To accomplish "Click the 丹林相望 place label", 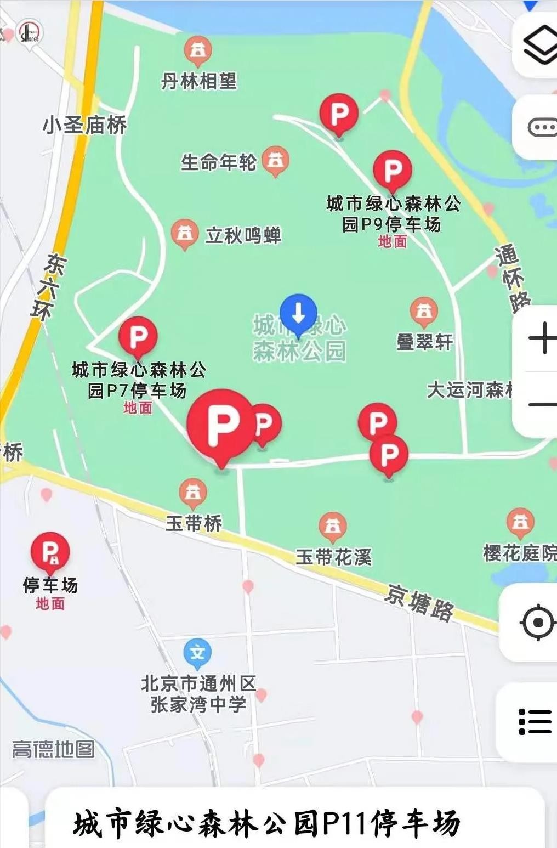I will click(198, 82).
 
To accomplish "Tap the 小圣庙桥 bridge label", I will click(85, 126).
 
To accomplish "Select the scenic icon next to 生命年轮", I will click(275, 160).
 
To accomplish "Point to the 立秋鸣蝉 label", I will click(243, 235).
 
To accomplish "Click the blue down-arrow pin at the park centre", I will click(298, 314).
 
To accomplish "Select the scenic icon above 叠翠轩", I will click(424, 312).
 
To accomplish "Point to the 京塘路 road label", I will click(419, 602).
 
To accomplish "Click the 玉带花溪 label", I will click(333, 557).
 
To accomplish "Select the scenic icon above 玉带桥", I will click(193, 493).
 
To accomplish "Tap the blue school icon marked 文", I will click(197, 653).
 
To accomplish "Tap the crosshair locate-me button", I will click(537, 623).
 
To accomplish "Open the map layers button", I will click(539, 45).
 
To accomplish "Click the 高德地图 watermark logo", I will click(53, 749).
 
